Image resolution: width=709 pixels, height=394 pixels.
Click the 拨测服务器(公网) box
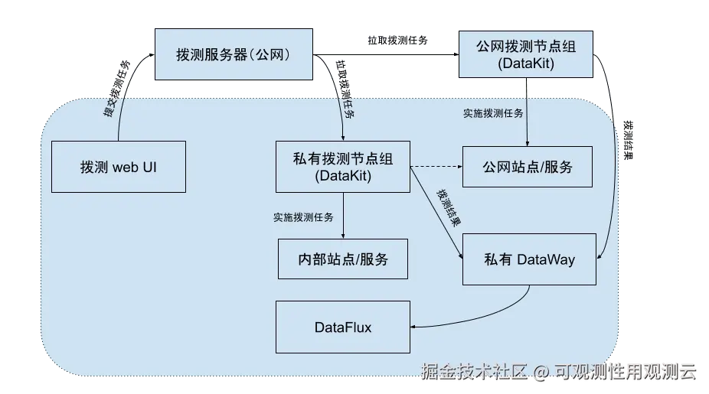click(234, 55)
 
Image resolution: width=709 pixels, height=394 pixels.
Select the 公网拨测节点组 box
click(525, 54)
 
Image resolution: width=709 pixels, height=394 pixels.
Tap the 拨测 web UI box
click(119, 167)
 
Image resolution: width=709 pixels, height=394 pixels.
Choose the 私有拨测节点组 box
click(343, 167)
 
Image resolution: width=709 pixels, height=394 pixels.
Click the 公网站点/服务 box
click(528, 167)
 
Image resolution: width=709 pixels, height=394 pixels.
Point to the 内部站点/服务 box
click(343, 259)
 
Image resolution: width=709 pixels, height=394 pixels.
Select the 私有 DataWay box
click(529, 259)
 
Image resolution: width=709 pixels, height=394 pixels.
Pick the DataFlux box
click(343, 327)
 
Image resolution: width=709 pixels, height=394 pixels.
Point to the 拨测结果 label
click(449, 207)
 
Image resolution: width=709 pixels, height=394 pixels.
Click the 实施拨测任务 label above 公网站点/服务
click(493, 113)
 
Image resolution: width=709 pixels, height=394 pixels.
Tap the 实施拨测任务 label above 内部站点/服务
click(303, 217)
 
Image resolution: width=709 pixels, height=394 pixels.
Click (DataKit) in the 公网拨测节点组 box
click(525, 64)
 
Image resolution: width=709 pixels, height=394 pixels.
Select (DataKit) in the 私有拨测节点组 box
click(343, 176)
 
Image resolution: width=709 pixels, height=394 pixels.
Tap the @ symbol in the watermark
click(541, 372)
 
